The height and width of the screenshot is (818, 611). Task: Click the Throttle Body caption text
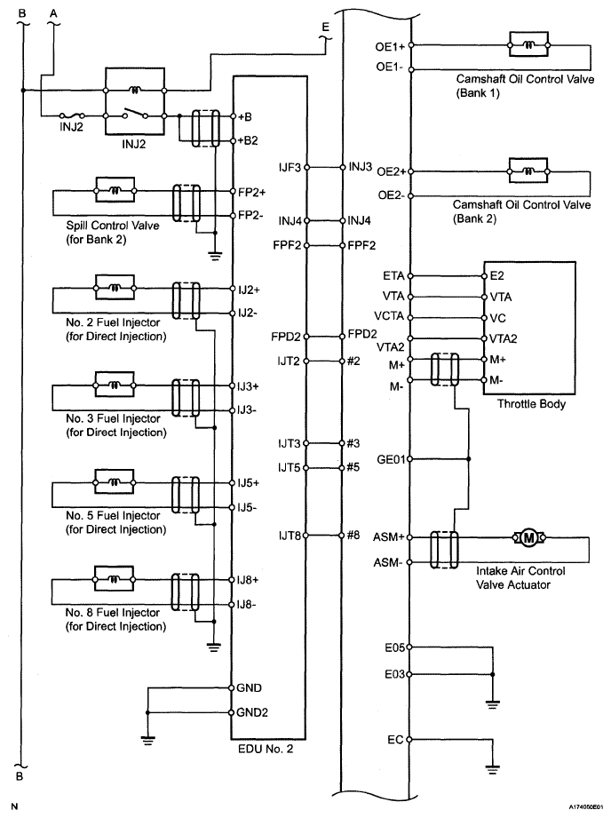(x=530, y=404)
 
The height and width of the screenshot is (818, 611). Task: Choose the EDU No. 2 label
(x=265, y=748)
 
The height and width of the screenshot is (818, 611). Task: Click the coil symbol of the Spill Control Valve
(x=114, y=190)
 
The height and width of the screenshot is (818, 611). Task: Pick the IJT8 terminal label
(x=290, y=536)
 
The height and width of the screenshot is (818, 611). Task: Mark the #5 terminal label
(x=353, y=466)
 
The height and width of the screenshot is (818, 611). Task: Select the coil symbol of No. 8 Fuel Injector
(x=114, y=578)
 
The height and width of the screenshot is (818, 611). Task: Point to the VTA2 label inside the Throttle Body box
(x=504, y=338)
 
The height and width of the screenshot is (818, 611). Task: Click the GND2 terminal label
(x=250, y=712)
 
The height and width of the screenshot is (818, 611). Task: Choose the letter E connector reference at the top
(x=325, y=28)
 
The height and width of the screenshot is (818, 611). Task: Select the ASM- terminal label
(x=390, y=563)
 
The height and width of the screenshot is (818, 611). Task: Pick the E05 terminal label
(x=393, y=647)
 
